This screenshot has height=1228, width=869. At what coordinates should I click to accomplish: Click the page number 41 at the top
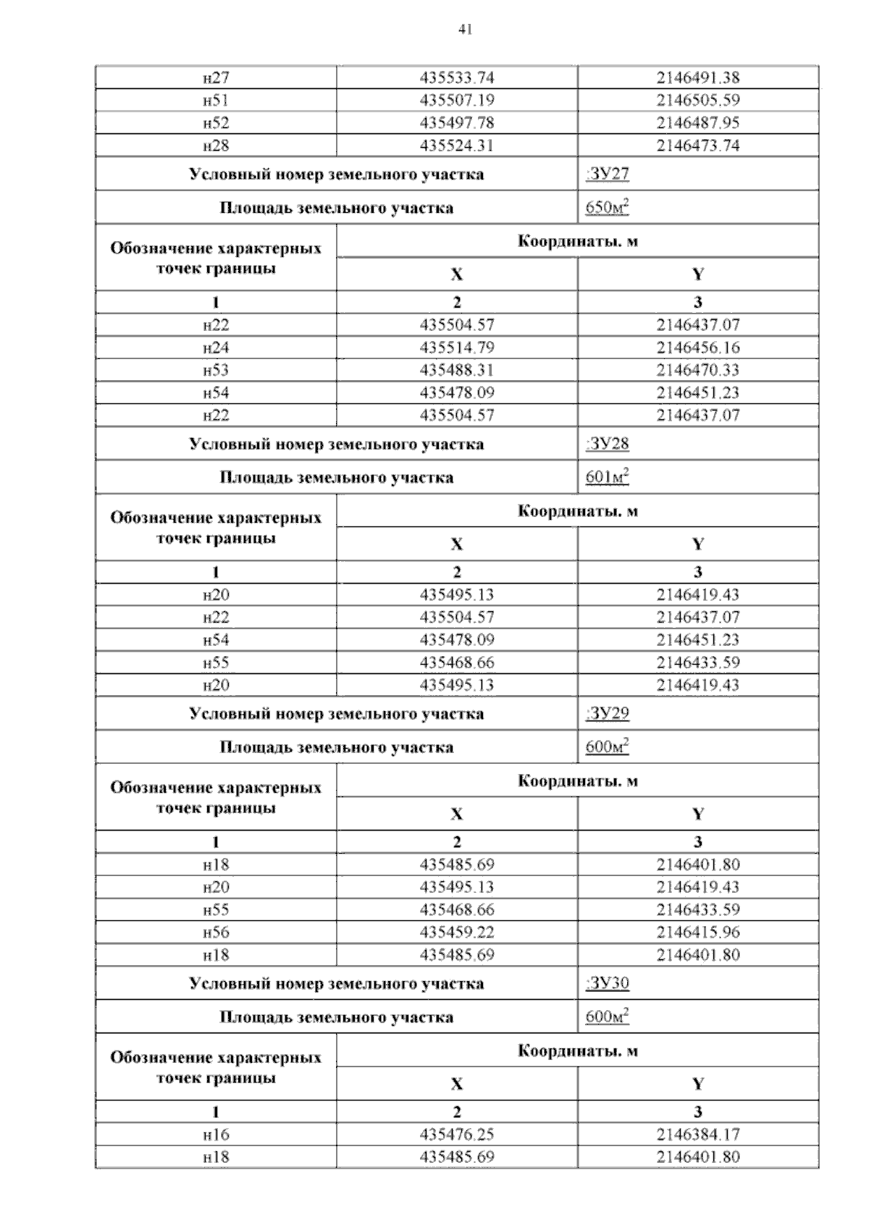tap(465, 30)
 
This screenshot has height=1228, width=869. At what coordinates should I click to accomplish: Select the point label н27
tap(216, 77)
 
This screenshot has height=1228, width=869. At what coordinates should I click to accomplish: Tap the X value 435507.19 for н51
tap(457, 100)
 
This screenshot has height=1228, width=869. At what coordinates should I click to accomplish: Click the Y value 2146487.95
tap(698, 122)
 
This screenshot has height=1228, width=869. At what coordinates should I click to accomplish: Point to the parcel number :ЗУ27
tap(608, 174)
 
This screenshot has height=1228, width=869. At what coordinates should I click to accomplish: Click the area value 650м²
tap(607, 209)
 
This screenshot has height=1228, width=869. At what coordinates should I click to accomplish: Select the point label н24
tap(216, 348)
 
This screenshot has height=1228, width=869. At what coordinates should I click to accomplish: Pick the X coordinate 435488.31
tap(457, 370)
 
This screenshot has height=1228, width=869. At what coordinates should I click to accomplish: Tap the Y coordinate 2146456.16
tap(698, 348)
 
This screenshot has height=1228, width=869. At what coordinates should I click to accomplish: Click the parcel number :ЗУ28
tap(608, 444)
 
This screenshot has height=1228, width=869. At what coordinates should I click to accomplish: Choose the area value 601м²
tap(607, 478)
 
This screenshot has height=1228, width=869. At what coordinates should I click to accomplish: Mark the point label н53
tap(216, 370)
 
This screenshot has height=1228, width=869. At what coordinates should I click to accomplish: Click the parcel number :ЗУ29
tap(608, 714)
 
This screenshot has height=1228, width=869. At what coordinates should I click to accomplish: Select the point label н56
tap(216, 932)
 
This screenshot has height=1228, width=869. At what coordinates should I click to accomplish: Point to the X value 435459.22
tap(457, 932)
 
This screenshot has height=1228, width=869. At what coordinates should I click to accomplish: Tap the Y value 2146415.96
tap(698, 932)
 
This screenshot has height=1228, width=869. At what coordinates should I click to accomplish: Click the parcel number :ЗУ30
tap(608, 983)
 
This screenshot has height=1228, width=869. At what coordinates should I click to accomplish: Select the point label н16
tap(216, 1135)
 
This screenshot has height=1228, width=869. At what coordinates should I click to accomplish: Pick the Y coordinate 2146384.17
tap(698, 1135)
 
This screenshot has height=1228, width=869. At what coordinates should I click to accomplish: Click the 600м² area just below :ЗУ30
tap(607, 1017)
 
